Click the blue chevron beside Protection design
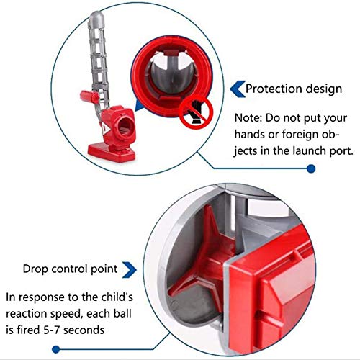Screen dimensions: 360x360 [x=235, y=89]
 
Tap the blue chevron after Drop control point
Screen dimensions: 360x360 [x=130, y=269]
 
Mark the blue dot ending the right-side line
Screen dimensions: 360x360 [x=311, y=168]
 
